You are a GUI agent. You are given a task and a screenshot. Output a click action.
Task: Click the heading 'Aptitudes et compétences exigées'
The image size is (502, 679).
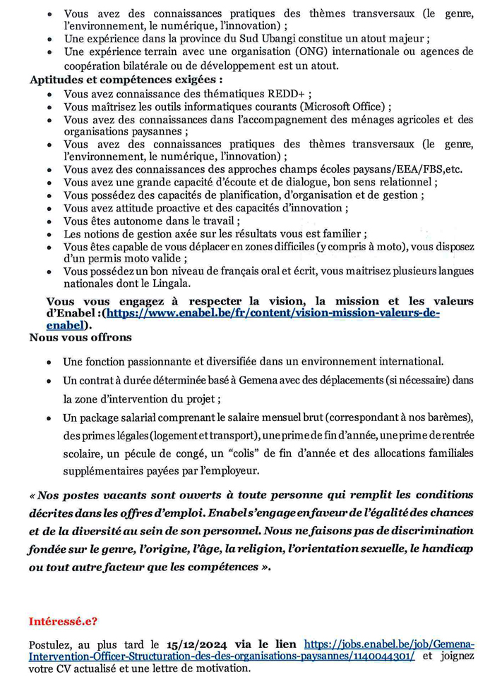click(126, 80)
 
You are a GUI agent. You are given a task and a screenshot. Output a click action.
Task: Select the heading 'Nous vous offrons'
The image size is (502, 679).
click(80, 337)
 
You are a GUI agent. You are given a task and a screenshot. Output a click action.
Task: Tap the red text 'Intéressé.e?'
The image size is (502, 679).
click(63, 621)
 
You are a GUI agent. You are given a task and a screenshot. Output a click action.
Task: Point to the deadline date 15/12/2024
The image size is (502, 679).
click(194, 644)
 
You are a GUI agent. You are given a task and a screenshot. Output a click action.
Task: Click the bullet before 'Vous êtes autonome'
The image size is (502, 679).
click(48, 221)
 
